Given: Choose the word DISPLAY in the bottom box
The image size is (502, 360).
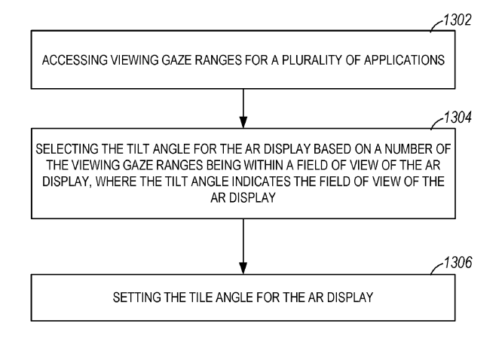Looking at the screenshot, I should (x=350, y=297).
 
